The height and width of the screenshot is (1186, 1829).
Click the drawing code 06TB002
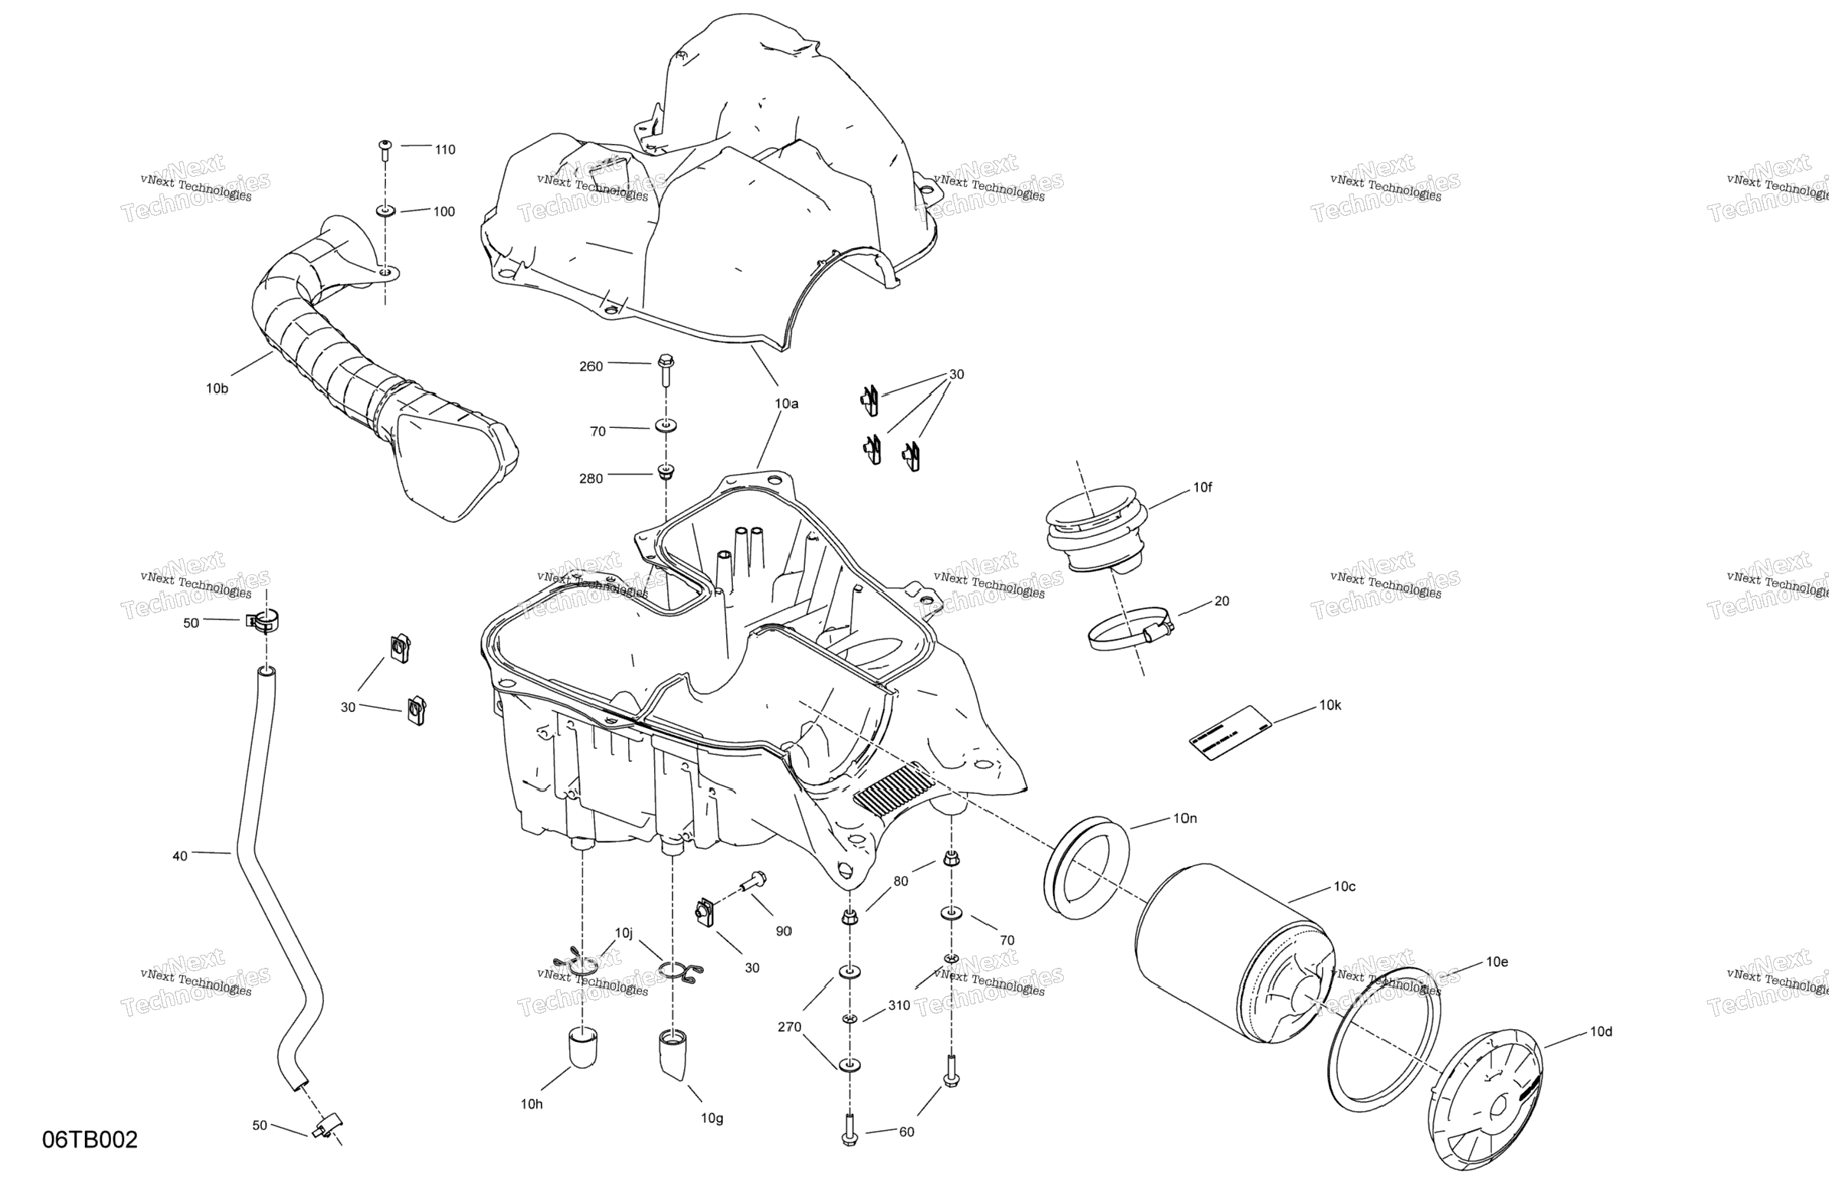tap(90, 1139)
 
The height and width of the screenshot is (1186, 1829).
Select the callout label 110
tap(445, 150)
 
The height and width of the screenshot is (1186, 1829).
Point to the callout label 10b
tap(217, 389)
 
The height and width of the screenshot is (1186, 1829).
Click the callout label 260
tap(591, 367)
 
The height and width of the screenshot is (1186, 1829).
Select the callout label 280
tap(591, 479)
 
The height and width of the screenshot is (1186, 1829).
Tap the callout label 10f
tap(1202, 487)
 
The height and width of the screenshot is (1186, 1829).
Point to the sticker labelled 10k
tap(1230, 733)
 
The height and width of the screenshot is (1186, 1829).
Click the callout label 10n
tap(1185, 818)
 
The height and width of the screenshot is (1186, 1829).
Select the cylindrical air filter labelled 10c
tap(1231, 954)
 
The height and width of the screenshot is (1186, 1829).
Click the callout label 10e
tap(1497, 961)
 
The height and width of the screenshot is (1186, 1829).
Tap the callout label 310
tap(898, 1005)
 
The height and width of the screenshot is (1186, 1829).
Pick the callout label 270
tap(788, 1027)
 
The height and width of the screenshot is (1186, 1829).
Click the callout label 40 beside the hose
tap(179, 856)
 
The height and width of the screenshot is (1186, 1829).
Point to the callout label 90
tap(783, 931)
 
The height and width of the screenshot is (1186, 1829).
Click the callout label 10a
tap(786, 404)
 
